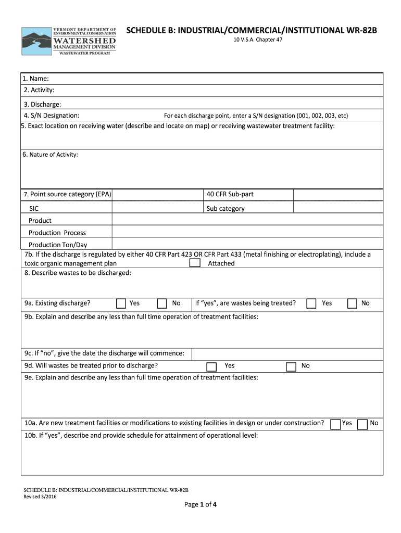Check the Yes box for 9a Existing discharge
click(121, 303)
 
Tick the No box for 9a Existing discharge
click(162, 303)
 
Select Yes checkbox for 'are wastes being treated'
click(311, 303)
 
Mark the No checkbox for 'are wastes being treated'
click(353, 303)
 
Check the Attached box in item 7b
click(195, 263)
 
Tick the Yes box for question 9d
click(211, 366)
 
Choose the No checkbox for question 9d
click(291, 366)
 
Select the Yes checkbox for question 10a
click(336, 424)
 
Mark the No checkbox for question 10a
click(364, 424)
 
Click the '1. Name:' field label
click(36, 79)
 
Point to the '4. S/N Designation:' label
click(52, 115)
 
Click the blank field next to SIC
click(157, 208)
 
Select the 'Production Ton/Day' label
click(58, 245)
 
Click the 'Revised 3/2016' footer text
click(41, 497)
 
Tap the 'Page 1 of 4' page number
click(200, 504)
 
